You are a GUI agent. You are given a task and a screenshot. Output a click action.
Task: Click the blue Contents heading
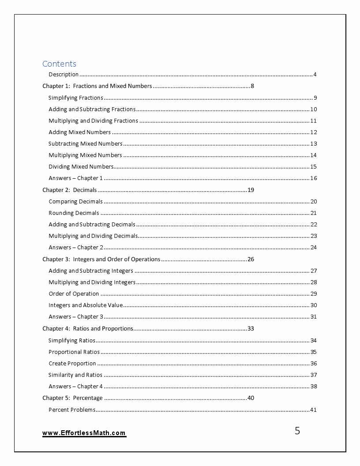(59, 64)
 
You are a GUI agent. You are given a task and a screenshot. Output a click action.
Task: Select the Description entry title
(64, 75)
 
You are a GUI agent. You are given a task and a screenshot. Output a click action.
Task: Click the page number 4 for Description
(315, 75)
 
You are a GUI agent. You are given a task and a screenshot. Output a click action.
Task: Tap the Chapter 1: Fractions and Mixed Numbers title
(97, 86)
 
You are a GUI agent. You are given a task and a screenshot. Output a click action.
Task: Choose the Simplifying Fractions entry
(75, 98)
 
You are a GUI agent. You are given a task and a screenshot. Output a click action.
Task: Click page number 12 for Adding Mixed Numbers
(314, 132)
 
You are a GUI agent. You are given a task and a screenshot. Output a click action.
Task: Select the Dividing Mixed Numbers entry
(81, 167)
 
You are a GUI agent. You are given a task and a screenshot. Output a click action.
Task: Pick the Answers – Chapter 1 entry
(75, 178)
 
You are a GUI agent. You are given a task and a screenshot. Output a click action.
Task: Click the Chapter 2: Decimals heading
(69, 190)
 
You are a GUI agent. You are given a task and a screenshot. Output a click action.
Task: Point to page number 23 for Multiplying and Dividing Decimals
(314, 236)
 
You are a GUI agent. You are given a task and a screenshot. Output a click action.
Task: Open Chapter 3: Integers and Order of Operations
(101, 259)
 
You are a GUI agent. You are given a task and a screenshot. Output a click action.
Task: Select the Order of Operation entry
(74, 294)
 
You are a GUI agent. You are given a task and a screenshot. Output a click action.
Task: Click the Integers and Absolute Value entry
(86, 305)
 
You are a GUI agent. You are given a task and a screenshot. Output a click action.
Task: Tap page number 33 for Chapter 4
(251, 329)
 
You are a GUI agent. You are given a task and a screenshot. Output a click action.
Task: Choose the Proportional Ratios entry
(74, 352)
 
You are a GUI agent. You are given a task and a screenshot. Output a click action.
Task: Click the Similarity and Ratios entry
(75, 375)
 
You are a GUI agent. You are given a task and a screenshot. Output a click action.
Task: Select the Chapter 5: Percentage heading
(72, 398)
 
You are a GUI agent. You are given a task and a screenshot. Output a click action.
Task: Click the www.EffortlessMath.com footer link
(84, 433)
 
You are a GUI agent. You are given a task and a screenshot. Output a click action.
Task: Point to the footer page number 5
(297, 431)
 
